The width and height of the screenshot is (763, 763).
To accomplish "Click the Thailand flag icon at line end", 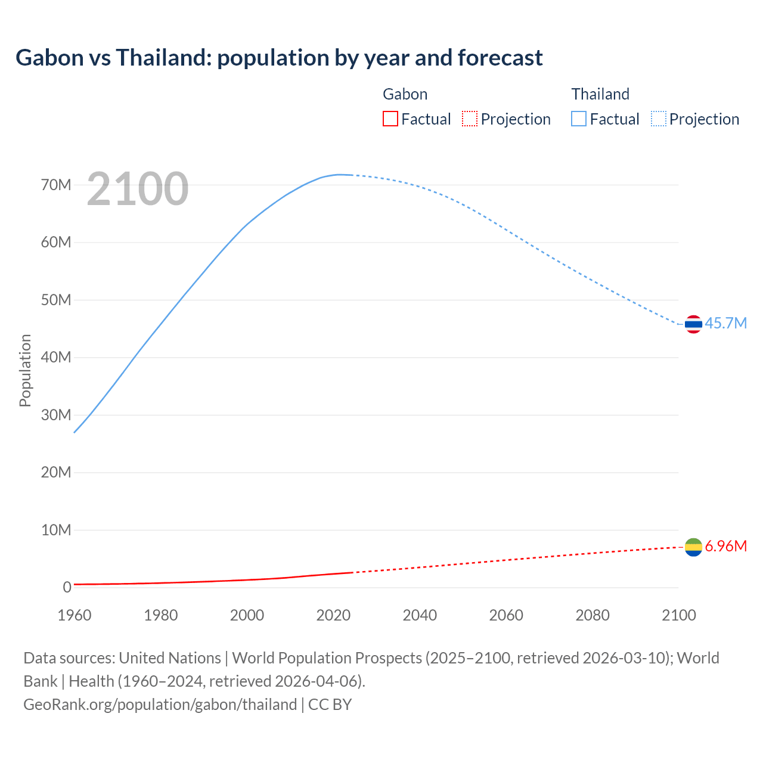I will click(x=693, y=324).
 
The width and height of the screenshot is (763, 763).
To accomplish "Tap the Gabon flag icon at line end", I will click(x=693, y=547).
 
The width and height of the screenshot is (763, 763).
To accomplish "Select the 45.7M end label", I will click(x=725, y=323).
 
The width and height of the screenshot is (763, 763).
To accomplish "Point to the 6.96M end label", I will click(x=725, y=546).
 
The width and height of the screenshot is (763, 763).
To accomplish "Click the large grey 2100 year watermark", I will click(x=138, y=189).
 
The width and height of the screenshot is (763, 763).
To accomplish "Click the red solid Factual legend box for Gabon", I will click(x=390, y=119).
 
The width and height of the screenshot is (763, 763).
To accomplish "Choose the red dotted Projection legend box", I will click(x=470, y=119).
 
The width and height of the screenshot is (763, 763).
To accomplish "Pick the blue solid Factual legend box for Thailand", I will click(x=579, y=119).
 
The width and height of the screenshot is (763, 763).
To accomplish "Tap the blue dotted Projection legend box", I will click(x=659, y=119).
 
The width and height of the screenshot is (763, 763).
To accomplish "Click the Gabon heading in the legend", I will click(x=405, y=94).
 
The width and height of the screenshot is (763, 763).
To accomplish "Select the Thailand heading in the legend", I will click(x=600, y=94).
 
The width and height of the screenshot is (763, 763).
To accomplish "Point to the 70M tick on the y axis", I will click(x=56, y=185).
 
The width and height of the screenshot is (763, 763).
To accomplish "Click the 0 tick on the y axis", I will click(x=67, y=587).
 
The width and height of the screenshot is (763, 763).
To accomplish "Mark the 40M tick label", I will click(x=56, y=357).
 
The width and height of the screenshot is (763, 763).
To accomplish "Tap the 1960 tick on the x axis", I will click(x=75, y=615).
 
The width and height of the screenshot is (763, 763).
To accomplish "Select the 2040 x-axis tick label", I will click(x=420, y=615).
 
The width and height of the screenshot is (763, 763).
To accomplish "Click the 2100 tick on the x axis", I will click(x=679, y=615).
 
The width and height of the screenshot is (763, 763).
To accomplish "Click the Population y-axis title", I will click(x=25, y=370).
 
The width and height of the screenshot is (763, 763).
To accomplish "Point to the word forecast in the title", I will click(x=500, y=58).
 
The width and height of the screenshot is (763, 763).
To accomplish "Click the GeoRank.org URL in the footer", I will click(x=160, y=705).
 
